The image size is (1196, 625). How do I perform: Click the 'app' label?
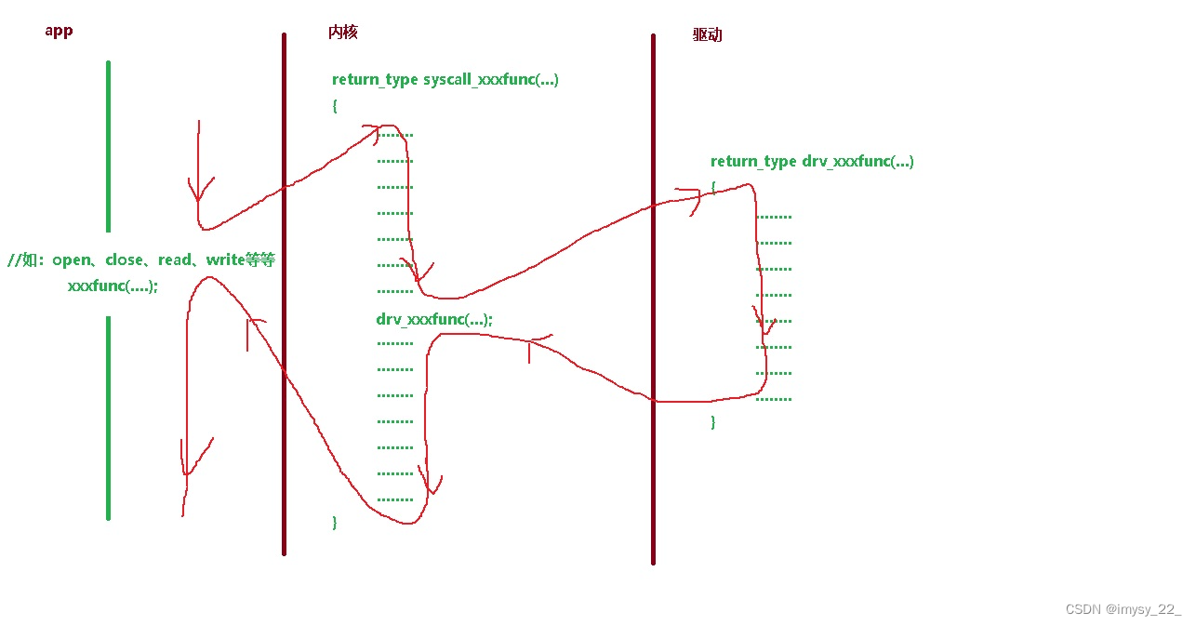59,31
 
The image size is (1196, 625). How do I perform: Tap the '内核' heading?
342,32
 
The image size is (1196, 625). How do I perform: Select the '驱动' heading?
707,35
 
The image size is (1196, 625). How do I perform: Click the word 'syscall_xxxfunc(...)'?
491,80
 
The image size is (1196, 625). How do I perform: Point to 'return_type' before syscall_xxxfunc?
375,80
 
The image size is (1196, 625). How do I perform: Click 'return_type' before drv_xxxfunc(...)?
753,162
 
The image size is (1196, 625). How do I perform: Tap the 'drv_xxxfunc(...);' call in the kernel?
434,320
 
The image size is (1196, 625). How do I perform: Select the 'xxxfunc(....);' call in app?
113,286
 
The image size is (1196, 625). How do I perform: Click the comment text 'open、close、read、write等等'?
164,260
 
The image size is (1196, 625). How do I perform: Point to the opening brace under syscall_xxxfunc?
335,106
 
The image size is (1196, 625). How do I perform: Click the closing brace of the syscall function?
335,523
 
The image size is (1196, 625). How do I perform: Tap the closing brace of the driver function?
713,422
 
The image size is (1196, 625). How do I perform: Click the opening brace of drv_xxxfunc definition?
713,187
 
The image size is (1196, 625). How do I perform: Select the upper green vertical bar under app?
108,146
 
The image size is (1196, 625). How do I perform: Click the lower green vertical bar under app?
108,418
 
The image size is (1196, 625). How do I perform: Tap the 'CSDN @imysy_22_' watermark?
1123,609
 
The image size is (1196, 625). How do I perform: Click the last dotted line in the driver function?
774,399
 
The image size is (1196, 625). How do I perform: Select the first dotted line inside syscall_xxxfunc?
395,135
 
